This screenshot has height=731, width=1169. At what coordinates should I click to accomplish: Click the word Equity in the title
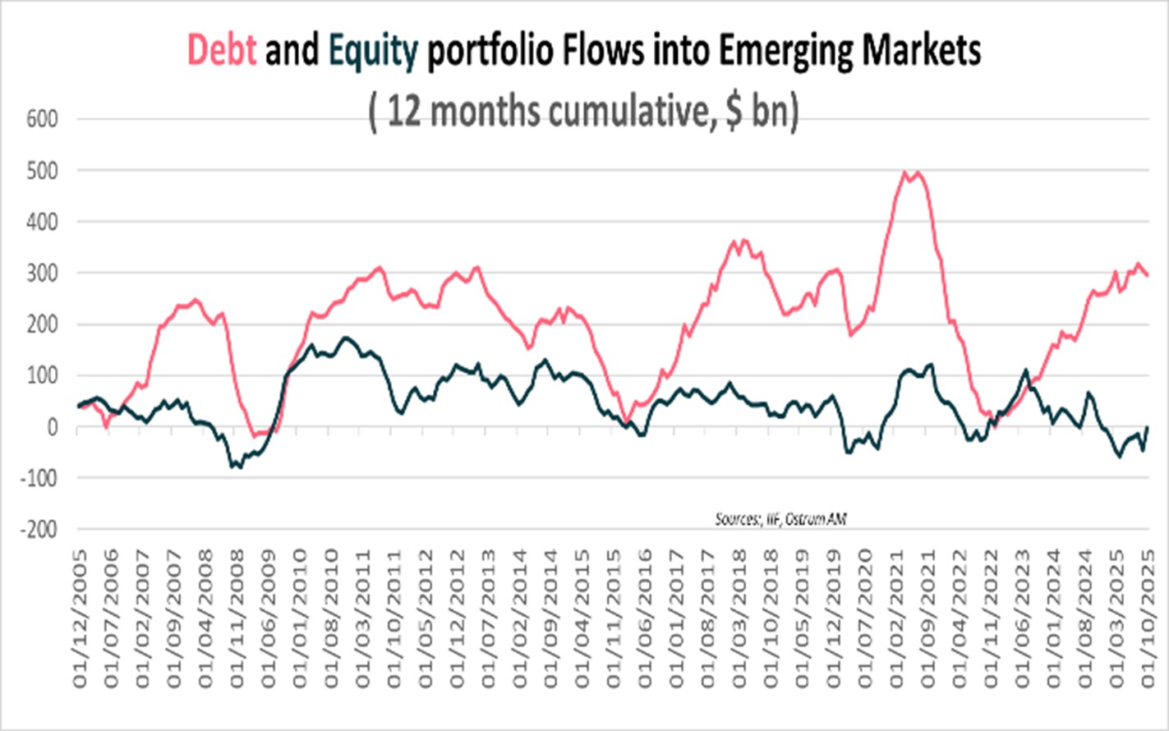(373, 51)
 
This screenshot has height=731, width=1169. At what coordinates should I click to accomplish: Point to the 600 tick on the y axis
(43, 119)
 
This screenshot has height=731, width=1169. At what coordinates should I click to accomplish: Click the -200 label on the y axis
(39, 530)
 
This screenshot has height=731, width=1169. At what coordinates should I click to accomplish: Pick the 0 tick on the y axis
(53, 427)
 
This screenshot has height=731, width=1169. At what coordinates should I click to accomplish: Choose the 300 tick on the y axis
(43, 273)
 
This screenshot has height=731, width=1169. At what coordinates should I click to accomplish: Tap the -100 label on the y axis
(39, 479)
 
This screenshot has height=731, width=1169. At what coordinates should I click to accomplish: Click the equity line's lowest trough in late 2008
(237, 467)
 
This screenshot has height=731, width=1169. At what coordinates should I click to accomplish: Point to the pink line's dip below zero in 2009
(256, 434)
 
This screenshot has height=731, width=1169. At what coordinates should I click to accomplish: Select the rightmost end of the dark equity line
(1147, 427)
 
